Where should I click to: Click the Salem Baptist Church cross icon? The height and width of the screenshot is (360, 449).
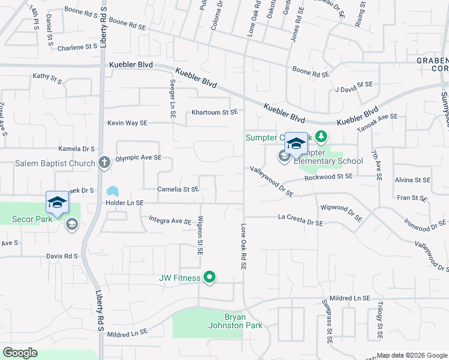[104, 162]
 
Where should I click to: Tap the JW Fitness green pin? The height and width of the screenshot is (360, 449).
[209, 277]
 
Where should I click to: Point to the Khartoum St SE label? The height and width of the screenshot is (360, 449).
[215, 112]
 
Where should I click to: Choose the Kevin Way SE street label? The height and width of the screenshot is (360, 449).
[127, 123]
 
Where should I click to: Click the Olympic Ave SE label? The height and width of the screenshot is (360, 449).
[139, 158]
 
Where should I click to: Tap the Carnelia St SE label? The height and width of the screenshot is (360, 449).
[178, 190]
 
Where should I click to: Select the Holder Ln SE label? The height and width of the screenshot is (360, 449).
[124, 203]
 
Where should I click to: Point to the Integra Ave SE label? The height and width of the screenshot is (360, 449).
[170, 221]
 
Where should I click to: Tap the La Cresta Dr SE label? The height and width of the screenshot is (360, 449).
[300, 223]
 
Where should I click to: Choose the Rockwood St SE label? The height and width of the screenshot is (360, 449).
[328, 176]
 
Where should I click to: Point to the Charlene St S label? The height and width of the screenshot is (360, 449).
[77, 46]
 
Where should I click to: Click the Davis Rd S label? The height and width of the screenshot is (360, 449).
[62, 256]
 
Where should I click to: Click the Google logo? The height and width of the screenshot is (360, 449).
[20, 353]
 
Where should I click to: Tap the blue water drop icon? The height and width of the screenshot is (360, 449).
[112, 191]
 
